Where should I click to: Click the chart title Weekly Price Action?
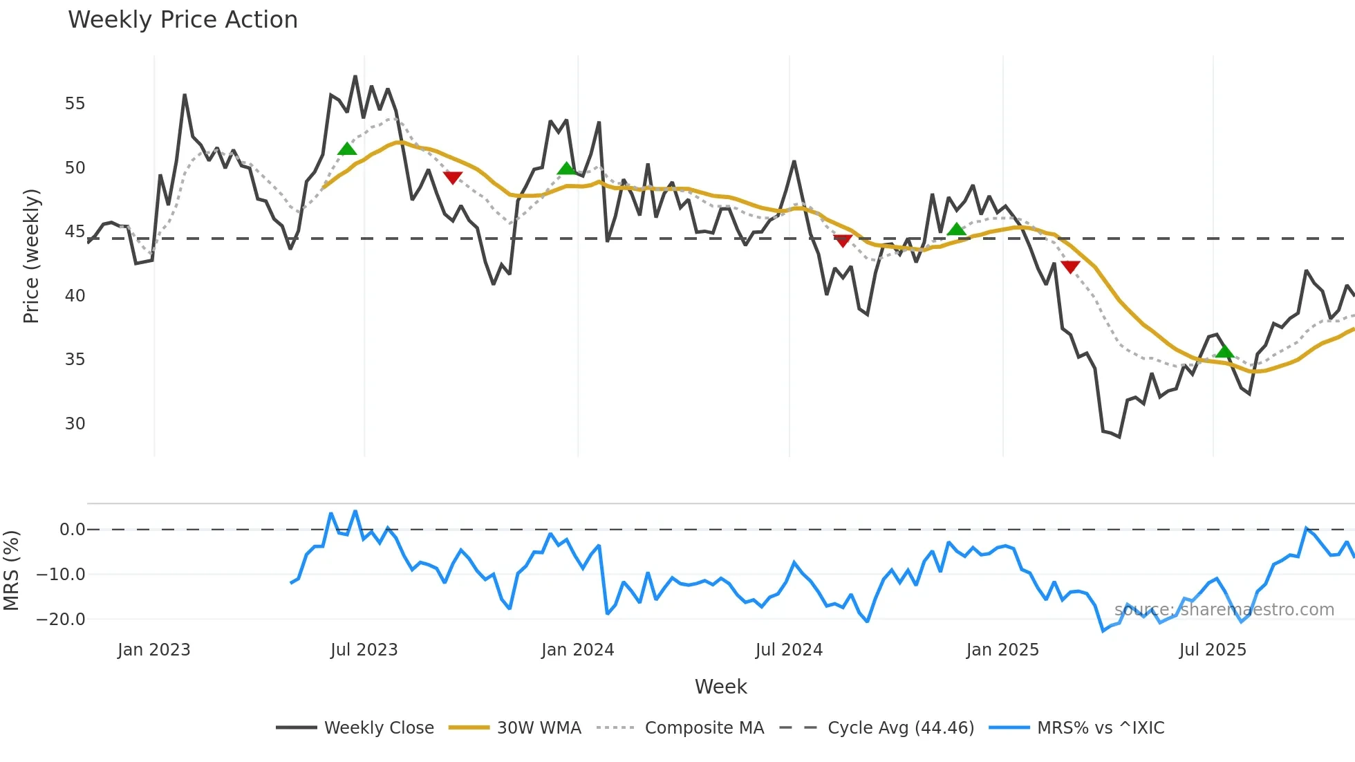coord(183,20)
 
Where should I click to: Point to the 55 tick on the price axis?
coord(75,104)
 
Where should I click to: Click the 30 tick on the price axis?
coord(75,423)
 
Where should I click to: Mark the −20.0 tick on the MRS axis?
coord(61,620)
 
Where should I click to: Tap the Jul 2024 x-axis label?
coord(789,650)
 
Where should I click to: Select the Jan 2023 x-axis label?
coord(153,650)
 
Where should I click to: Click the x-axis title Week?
coord(720,687)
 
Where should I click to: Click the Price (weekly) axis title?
coord(31,256)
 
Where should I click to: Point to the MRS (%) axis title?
coord(11,570)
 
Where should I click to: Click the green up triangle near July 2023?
coord(347,149)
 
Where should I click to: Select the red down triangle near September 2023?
coord(452,178)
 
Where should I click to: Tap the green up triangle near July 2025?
coord(1224,351)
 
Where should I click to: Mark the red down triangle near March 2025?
coord(1069,267)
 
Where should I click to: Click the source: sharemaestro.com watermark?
coord(1224,610)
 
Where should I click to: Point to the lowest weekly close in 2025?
coord(1119,437)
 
